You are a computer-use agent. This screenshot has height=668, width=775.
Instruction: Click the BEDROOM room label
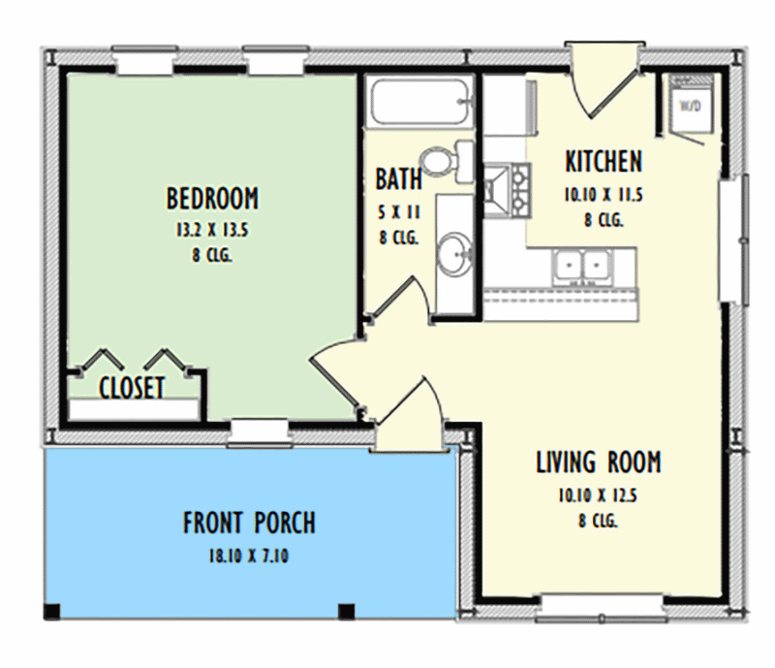tap(212, 199)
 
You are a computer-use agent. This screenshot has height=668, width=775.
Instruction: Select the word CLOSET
tap(132, 388)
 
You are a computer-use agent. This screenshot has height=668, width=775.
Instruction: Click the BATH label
tap(398, 179)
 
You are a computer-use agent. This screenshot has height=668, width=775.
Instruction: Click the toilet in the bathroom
tap(446, 161)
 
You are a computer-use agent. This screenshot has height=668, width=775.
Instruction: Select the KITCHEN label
tap(603, 161)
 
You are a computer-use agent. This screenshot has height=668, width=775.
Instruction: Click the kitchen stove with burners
tap(507, 188)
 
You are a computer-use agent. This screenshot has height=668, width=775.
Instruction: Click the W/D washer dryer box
tap(690, 105)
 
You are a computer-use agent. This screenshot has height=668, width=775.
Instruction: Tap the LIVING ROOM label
tap(598, 462)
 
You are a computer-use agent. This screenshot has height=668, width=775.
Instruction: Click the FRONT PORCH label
tap(249, 524)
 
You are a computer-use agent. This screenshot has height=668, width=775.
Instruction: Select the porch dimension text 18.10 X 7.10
tap(249, 557)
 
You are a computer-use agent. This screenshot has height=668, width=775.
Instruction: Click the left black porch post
tap(51, 611)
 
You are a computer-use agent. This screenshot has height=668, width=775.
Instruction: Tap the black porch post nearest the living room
tap(345, 611)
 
